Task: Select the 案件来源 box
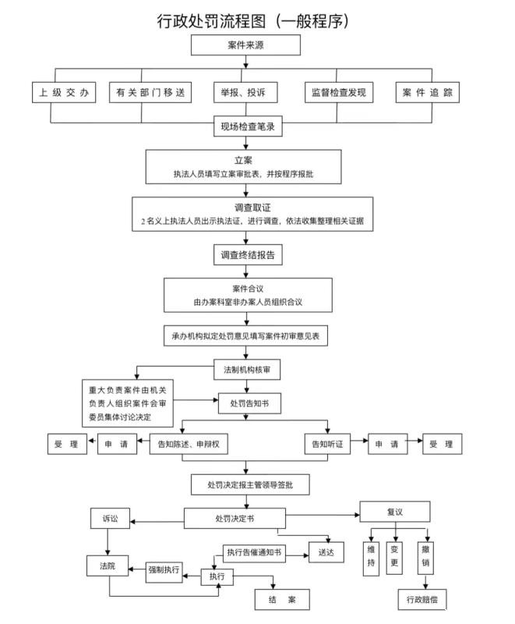pos(246,45)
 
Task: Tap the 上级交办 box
pos(65,93)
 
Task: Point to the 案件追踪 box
pos(427,93)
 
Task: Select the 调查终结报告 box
pos(247,255)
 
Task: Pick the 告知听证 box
pos(326,444)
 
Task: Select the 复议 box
pos(394,512)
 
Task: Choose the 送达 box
pos(326,551)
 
